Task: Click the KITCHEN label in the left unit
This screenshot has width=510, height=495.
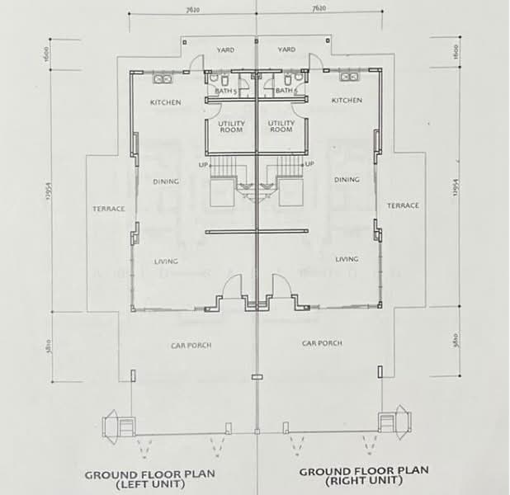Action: [165, 102]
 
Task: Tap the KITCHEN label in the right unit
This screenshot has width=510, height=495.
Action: [347, 100]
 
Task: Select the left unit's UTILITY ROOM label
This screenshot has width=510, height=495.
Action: [230, 126]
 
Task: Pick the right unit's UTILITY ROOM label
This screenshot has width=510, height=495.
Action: [281, 126]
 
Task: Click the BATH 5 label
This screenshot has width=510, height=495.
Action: [225, 91]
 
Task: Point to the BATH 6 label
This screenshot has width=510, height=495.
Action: [286, 91]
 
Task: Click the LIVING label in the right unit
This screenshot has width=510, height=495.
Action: [347, 258]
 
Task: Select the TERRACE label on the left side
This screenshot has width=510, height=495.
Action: [108, 209]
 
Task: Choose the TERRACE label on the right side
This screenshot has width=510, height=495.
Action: [404, 205]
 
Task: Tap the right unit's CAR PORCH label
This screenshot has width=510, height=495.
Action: [322, 342]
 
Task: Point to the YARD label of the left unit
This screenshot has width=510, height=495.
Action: [225, 50]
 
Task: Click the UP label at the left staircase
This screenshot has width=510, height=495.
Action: [203, 165]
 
